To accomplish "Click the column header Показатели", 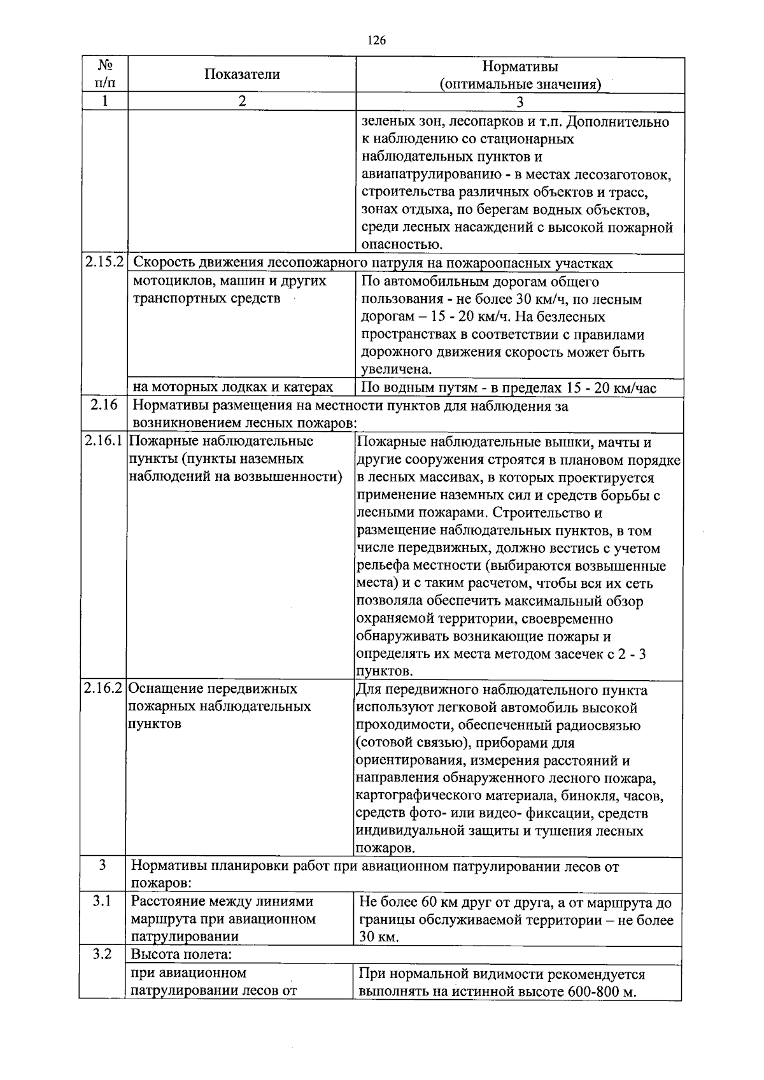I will coord(242,75).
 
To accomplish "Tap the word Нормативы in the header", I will coord(520,66).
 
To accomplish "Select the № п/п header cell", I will coord(105,75).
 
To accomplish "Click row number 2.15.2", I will coord(104,262).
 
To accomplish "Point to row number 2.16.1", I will coord(104,441).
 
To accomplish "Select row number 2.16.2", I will coord(103,689).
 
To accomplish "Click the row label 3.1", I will coord(102,901).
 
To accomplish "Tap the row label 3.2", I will coord(102,955).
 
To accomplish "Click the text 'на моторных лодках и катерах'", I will coord(232,387).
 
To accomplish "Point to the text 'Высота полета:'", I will coord(181,955).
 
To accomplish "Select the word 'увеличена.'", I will coord(397,369).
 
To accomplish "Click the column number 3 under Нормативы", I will coord(520,102).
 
